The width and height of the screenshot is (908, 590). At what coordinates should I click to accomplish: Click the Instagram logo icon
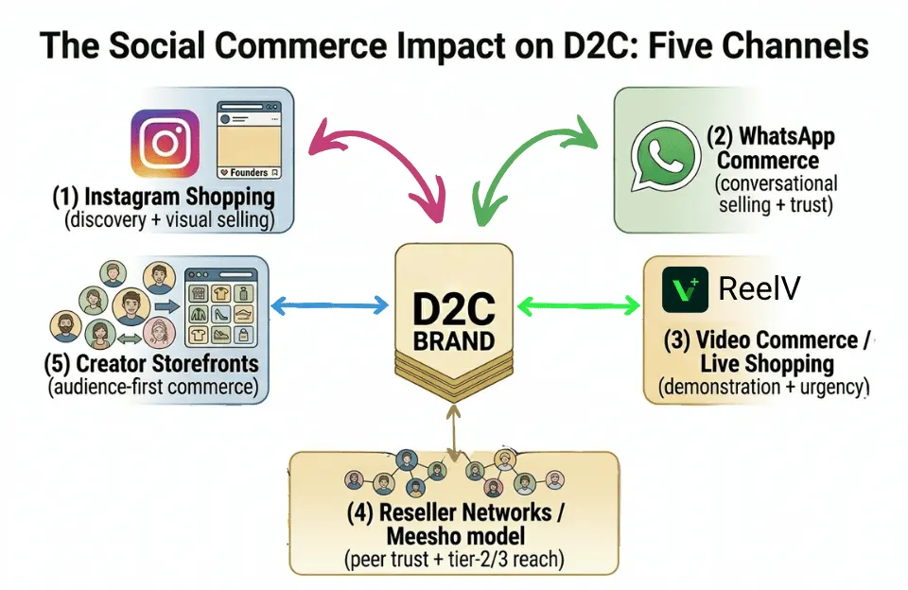tap(165, 144)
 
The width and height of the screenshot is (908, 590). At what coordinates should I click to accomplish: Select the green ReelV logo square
tap(684, 289)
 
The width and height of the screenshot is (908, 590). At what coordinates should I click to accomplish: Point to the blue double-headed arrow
tap(329, 305)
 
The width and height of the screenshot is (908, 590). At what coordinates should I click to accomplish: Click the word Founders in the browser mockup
tap(250, 173)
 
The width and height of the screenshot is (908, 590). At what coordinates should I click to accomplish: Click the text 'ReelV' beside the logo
tap(760, 289)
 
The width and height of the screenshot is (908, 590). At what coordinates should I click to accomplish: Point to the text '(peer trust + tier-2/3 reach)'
tap(454, 560)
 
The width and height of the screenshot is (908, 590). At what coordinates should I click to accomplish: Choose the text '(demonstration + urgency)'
tap(763, 387)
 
